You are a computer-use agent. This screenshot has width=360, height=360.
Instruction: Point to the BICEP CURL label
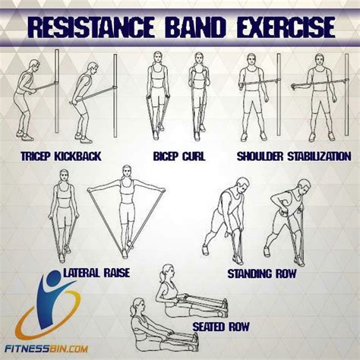click(x=173, y=156)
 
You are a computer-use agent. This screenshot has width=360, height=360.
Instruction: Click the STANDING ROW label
click(x=261, y=271)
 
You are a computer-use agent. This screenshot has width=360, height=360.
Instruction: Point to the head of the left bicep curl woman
click(x=157, y=59)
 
